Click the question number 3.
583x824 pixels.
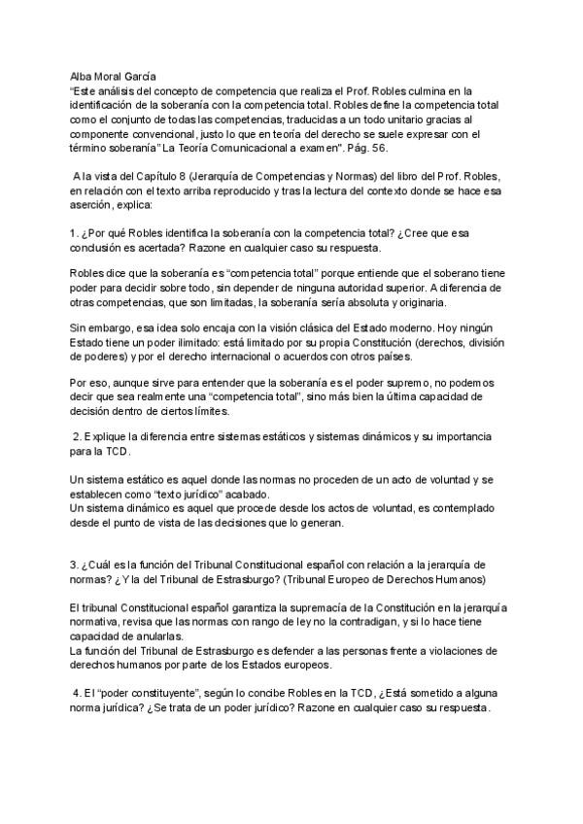75,564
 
